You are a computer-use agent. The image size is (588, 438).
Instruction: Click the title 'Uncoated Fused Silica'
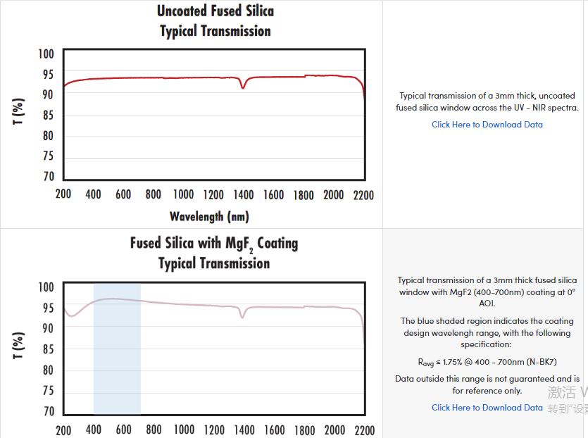coord(215,11)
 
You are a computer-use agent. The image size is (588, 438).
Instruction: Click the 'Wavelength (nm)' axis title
coord(209,216)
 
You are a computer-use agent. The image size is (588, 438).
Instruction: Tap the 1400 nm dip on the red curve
coord(243,87)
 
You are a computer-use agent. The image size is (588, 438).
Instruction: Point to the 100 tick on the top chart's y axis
coord(45,54)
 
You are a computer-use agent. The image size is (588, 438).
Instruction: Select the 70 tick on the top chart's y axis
coord(46,177)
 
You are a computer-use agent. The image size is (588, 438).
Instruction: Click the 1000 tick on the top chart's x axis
coord(183,194)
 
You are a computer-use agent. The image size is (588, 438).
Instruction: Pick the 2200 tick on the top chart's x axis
coord(363,194)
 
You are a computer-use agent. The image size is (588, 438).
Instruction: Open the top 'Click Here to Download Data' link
coord(487,125)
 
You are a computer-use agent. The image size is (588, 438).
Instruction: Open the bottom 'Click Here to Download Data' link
coord(487,408)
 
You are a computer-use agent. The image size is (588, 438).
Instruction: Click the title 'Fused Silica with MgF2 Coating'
coord(214,244)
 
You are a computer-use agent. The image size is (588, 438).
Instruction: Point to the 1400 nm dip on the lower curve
coord(243,316)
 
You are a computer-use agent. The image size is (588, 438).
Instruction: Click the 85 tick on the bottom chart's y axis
coord(46,349)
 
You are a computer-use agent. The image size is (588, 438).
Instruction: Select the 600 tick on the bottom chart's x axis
coord(123,430)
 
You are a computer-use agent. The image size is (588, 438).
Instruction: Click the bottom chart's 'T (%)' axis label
coord(19,346)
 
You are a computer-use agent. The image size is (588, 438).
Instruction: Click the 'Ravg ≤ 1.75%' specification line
coord(487,362)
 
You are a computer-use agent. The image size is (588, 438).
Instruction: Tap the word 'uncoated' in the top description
coord(557,96)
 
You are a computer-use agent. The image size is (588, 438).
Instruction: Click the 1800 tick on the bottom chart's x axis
coord(304,430)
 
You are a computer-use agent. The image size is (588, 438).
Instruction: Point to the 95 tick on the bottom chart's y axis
coord(46,308)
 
